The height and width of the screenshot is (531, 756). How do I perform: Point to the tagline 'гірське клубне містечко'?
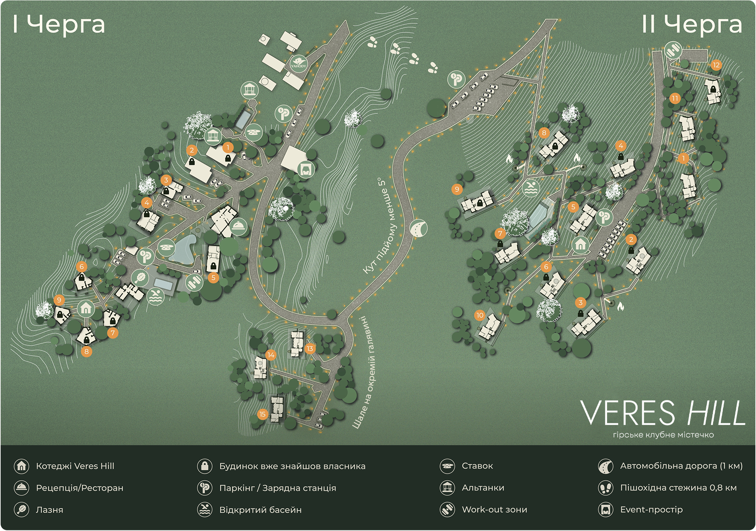pyautogui.click(x=663, y=435)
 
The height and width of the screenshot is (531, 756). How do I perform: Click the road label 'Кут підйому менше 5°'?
pyautogui.click(x=380, y=225)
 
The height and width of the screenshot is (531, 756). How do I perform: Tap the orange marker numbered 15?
pyautogui.click(x=262, y=414)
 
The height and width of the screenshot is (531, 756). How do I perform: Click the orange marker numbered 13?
pyautogui.click(x=310, y=348)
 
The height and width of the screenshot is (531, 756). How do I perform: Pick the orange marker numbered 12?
pyautogui.click(x=716, y=65)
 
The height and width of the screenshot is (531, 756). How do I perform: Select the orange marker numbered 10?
pyautogui.click(x=480, y=315)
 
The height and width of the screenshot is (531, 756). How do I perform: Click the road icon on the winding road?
pyautogui.click(x=418, y=228)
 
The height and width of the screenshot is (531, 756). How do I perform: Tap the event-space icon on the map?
pyautogui.click(x=305, y=169)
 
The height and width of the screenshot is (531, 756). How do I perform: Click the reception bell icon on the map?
pyautogui.click(x=239, y=226)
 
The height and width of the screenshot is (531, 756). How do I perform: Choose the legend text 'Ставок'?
pyautogui.click(x=477, y=466)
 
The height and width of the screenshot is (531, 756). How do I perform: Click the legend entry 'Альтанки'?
pyautogui.click(x=483, y=487)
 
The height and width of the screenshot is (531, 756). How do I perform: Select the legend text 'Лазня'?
pyautogui.click(x=50, y=510)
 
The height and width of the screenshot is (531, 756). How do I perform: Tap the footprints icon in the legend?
pyautogui.click(x=606, y=488)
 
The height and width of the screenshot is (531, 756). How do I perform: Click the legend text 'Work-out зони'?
pyautogui.click(x=494, y=509)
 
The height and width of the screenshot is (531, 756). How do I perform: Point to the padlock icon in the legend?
pyautogui.click(x=205, y=466)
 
